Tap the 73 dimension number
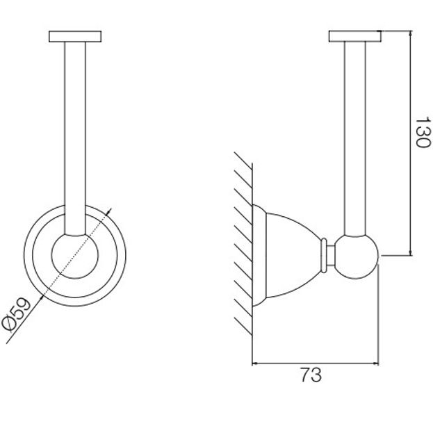point(311,375)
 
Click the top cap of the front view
point(75,36)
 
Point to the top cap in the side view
point(355,36)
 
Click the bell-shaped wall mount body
point(287,256)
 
